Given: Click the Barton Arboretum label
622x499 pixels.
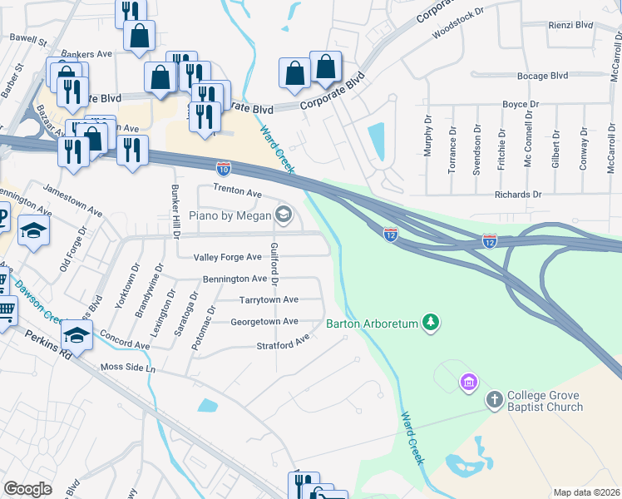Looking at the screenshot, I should tap(373, 324).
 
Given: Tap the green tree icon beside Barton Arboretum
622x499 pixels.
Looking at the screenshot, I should tap(430, 322).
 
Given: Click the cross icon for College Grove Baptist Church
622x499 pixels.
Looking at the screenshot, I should tap(495, 401).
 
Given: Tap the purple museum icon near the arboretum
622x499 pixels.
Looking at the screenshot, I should tap(469, 383).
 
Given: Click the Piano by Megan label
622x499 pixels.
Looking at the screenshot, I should tap(230, 216).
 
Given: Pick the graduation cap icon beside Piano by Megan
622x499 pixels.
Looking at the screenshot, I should tap(284, 215).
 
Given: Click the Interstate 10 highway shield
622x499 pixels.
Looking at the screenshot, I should tap(224, 168).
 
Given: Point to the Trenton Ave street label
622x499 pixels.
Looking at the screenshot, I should tap(237, 192).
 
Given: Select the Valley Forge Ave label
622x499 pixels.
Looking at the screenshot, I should tap(227, 258).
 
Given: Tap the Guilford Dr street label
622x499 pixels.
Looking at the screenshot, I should tap(274, 264).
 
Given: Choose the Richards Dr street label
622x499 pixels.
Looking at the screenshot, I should tap(517, 195).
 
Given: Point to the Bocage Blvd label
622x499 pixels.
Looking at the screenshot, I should tap(542, 76).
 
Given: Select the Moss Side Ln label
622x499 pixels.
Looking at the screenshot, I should tap(127, 367).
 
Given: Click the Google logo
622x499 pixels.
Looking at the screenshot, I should tap(27, 488).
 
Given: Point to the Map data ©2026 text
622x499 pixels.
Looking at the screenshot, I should tap(586, 492).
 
